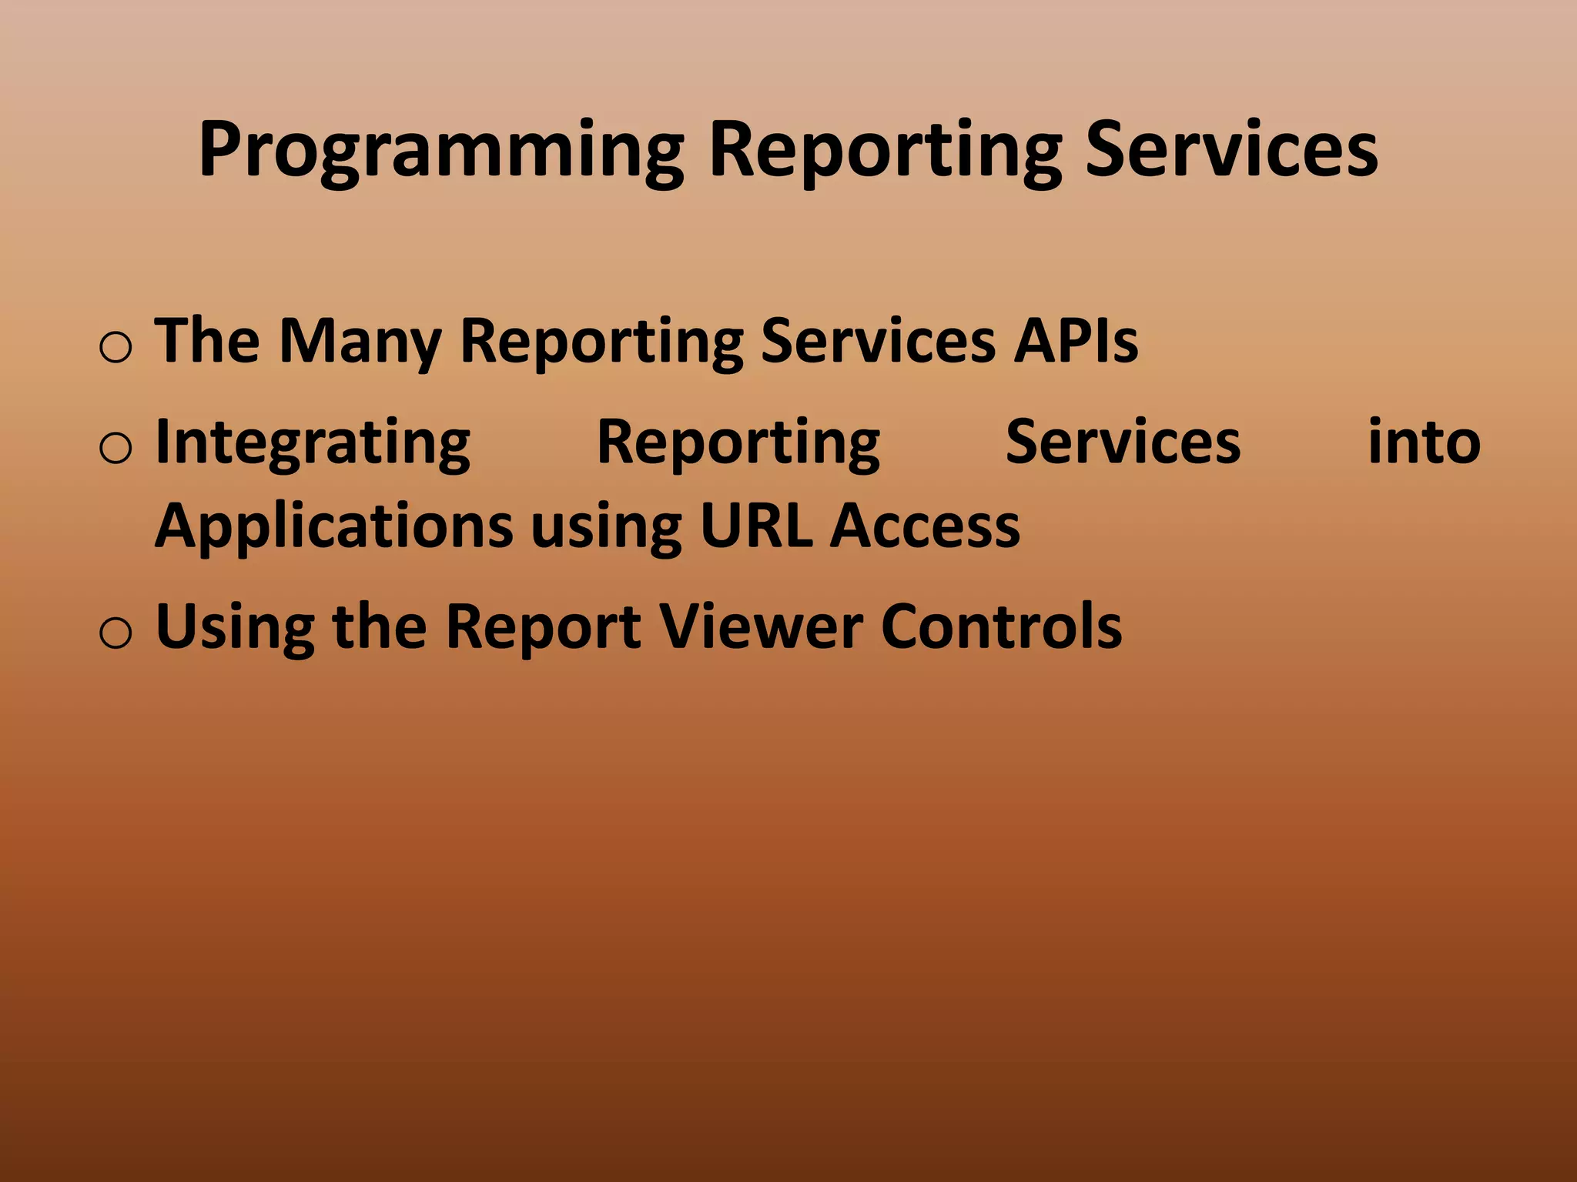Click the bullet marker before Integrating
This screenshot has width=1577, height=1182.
click(x=116, y=449)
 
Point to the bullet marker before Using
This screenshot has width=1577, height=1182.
click(x=116, y=633)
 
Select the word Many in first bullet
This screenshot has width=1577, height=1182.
click(x=359, y=340)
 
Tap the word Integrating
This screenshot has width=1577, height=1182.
click(x=313, y=443)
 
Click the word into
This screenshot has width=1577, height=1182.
click(x=1423, y=442)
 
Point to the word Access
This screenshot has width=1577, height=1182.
click(x=925, y=526)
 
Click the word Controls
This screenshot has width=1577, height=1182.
click(x=1001, y=626)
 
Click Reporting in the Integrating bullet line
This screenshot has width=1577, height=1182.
click(x=738, y=443)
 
